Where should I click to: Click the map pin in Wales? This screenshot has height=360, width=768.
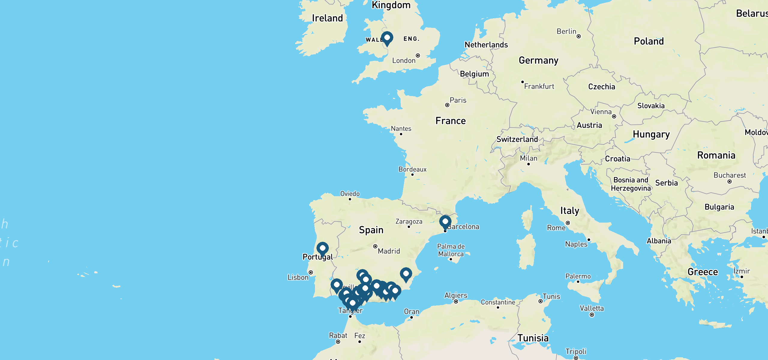[x=387, y=38]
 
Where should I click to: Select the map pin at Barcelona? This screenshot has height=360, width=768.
[x=445, y=222]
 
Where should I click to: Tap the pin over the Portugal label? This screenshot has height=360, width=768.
[x=322, y=249]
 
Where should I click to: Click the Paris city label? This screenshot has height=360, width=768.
[x=458, y=100]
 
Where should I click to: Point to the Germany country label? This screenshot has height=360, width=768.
[x=538, y=60]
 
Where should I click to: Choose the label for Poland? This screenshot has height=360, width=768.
[x=649, y=41]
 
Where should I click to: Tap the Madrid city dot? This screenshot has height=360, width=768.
[x=375, y=246]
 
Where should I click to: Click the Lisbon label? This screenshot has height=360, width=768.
[x=298, y=277]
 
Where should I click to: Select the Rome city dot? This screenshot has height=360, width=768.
[x=568, y=223]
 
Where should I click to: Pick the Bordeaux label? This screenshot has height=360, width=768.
[x=412, y=169]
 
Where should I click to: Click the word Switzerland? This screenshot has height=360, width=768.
[x=517, y=139]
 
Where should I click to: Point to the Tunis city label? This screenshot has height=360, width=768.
[x=551, y=296]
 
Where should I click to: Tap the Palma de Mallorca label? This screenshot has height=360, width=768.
[x=451, y=250]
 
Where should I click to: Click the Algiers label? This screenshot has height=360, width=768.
[x=456, y=295]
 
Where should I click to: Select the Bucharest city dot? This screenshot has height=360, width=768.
[x=730, y=181]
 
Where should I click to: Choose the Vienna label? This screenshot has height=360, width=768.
[x=601, y=112]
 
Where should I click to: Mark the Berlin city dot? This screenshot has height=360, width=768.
[x=579, y=36]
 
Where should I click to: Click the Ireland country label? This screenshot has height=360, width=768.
[x=327, y=18]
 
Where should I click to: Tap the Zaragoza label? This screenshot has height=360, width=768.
[x=409, y=221]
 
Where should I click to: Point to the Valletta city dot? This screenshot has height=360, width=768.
[x=592, y=315]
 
